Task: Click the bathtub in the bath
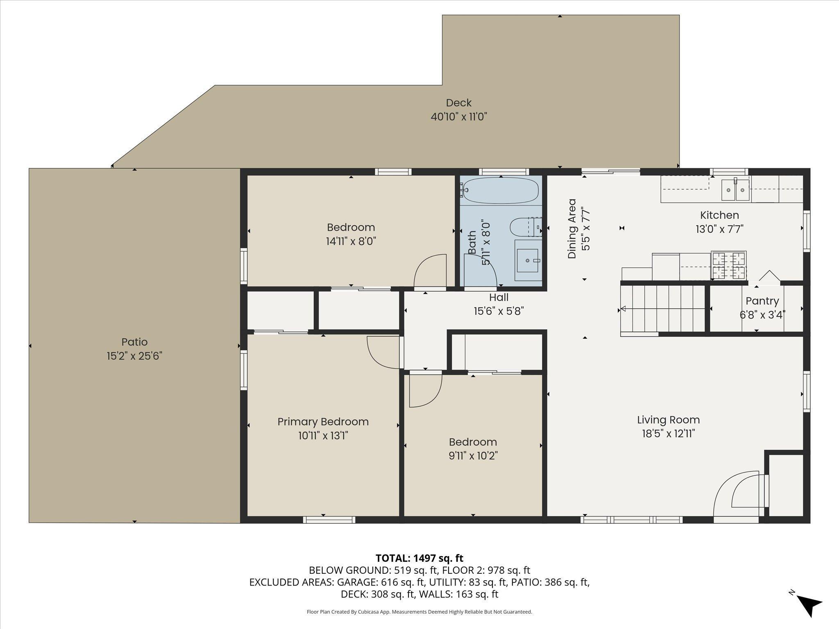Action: [x=499, y=190]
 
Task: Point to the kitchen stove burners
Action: [x=728, y=265]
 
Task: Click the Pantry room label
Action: [x=762, y=301]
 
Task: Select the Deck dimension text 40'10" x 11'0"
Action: [x=458, y=117]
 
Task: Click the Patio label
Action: [x=134, y=342]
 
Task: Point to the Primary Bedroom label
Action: [x=323, y=422]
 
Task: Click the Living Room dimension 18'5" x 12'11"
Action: [x=668, y=433]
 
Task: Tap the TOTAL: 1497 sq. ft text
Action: [x=419, y=558]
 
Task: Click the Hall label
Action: [x=499, y=297]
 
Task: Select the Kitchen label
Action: [x=719, y=215]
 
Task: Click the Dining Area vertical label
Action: [x=572, y=229]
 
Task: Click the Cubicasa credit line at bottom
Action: [x=419, y=612]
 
